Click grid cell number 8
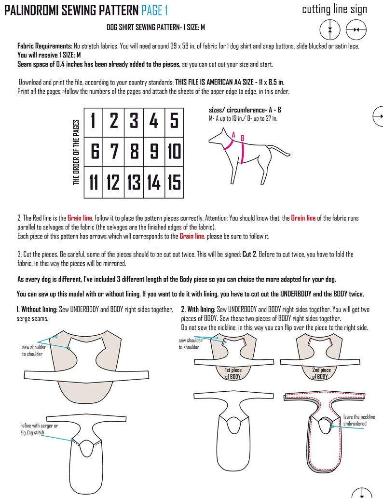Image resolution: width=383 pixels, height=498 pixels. [134, 152]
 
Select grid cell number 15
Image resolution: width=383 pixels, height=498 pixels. [174, 182]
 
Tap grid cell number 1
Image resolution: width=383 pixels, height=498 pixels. [94, 121]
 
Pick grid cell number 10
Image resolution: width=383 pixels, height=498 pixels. [174, 152]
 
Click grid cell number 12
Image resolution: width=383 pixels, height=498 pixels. [113, 182]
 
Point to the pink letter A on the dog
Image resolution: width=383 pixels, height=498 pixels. [233, 135]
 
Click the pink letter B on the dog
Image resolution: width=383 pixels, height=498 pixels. [242, 139]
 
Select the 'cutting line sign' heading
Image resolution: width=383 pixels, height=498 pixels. [334, 9]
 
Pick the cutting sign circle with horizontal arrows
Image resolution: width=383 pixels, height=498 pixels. [356, 30]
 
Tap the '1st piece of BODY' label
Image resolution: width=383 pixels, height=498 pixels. [233, 373]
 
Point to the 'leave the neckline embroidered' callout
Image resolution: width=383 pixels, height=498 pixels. [359, 420]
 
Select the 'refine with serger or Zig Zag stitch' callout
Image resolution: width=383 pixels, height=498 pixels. [39, 429]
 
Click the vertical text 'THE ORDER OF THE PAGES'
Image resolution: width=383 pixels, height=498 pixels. [76, 153]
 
